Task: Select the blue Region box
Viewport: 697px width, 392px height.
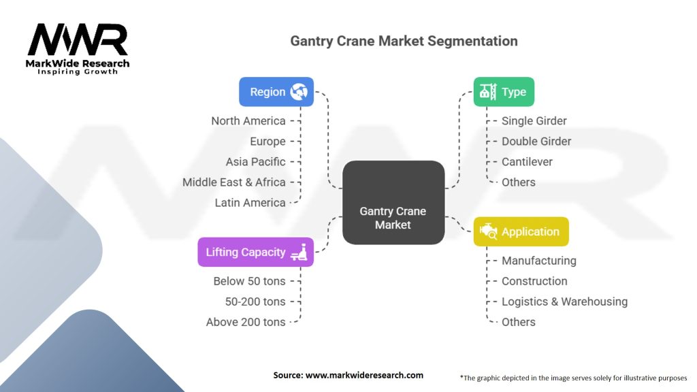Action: (x=276, y=92)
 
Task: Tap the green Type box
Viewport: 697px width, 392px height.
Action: (x=504, y=92)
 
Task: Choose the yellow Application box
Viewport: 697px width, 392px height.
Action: (x=521, y=231)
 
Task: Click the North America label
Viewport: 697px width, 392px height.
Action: (x=248, y=120)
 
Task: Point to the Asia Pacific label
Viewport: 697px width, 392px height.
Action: (x=255, y=161)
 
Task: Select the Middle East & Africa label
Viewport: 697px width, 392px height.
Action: (x=233, y=182)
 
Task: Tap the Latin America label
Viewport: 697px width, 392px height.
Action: (x=250, y=202)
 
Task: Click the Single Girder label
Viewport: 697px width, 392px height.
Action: (x=534, y=120)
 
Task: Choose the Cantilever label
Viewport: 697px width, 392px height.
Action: (x=527, y=161)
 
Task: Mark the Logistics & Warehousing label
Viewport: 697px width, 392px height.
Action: (x=564, y=301)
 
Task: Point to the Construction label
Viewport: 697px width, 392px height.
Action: (x=534, y=280)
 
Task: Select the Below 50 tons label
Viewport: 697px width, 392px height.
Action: (x=249, y=280)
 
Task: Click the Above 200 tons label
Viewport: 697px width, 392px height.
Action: (x=246, y=321)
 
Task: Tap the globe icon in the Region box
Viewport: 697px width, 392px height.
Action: (x=298, y=92)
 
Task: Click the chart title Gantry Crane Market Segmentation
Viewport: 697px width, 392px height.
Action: (x=404, y=41)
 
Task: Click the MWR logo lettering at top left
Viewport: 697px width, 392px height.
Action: (x=78, y=41)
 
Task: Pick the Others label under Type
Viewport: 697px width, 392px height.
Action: (x=518, y=182)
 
